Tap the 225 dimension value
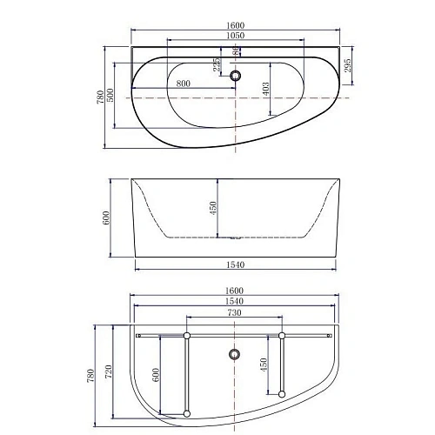click(x=214, y=65)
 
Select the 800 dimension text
click(x=184, y=84)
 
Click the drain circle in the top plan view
click(x=234, y=76)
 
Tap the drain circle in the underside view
click(x=233, y=354)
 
